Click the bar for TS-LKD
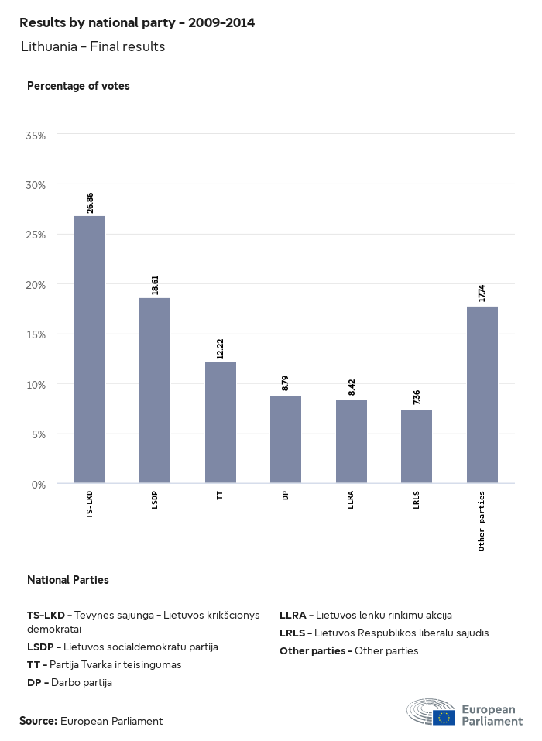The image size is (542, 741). [x=90, y=349]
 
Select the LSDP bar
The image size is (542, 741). [x=155, y=390]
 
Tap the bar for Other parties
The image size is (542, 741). [x=482, y=395]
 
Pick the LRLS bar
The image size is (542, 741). [x=417, y=447]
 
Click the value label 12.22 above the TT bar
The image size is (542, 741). [x=221, y=349]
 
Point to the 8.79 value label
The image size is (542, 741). [x=286, y=383]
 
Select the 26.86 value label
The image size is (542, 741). [x=90, y=203]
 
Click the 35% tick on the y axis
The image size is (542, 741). [x=36, y=135]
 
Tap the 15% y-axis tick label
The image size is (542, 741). [x=36, y=334]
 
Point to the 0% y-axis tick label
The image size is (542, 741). [x=39, y=485]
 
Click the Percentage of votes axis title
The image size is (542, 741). [x=78, y=86]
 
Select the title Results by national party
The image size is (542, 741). [x=137, y=23]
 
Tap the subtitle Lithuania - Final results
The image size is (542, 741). [x=93, y=46]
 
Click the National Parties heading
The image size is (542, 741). [x=68, y=579]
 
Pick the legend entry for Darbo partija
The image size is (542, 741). [x=70, y=682]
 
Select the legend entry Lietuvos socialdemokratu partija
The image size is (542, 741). [x=122, y=647]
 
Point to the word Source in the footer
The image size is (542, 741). [x=38, y=721]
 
